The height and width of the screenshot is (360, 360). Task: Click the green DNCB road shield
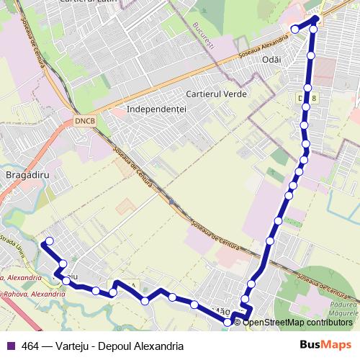84,122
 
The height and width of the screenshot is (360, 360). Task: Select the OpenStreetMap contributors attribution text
297,322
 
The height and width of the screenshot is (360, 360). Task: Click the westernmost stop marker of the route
49,241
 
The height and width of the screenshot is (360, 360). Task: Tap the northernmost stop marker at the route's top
315,20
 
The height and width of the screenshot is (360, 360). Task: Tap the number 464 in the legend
31,346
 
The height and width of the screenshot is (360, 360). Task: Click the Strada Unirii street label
13,242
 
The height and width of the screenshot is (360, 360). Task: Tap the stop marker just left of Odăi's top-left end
294,29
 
